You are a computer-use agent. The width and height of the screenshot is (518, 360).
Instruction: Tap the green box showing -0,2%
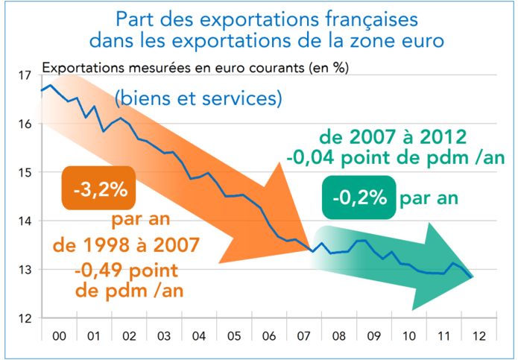359,198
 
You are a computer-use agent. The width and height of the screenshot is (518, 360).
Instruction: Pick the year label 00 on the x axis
59,337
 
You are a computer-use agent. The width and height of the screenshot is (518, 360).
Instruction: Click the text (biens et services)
198,98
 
